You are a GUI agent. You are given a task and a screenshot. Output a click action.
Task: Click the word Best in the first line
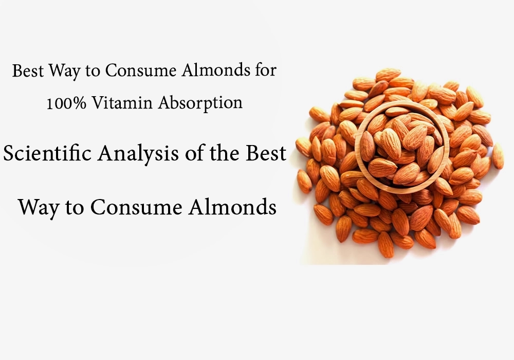[28, 71]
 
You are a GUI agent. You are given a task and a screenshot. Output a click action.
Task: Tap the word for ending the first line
[264, 70]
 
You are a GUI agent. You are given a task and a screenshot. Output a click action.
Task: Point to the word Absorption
[200, 103]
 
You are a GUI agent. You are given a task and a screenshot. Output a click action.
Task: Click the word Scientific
[47, 153]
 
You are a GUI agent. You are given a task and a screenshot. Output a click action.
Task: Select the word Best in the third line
[266, 153]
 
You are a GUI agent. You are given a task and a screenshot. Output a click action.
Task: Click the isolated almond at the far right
[498, 156]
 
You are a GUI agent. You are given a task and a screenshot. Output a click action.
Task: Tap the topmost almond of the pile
[389, 75]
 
